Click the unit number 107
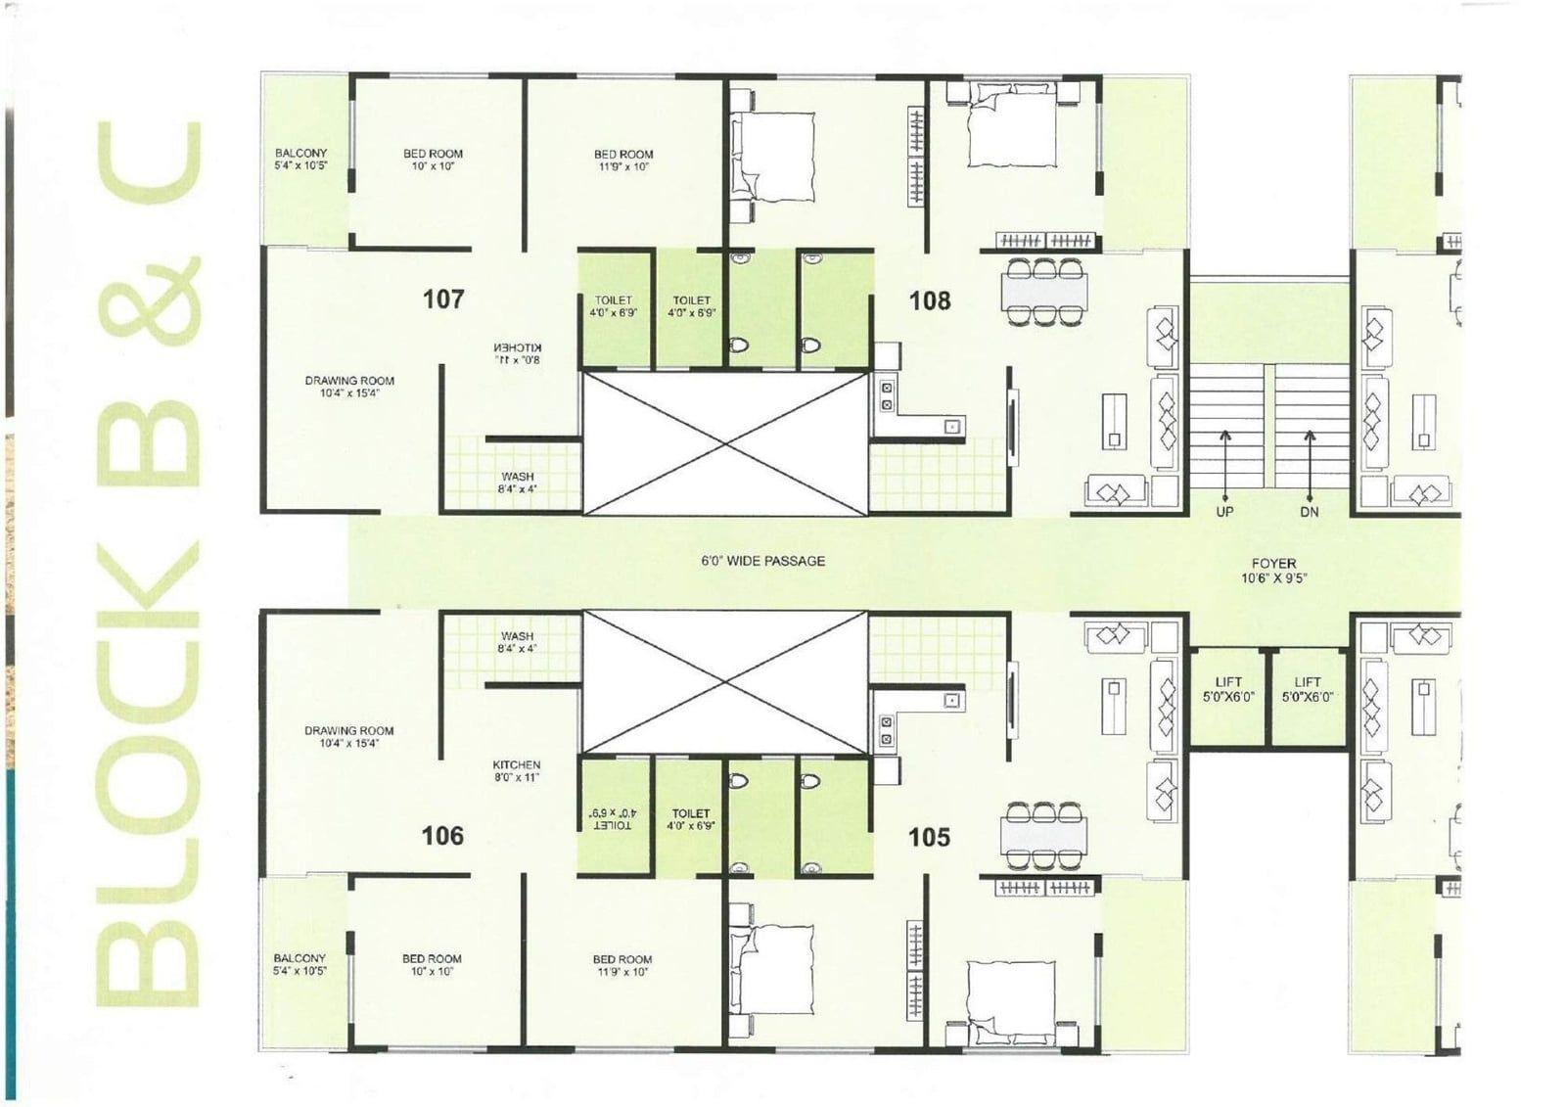click(x=443, y=300)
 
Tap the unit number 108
click(x=930, y=300)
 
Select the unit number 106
click(x=442, y=836)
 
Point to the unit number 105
click(x=929, y=837)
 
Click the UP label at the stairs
click(x=1224, y=512)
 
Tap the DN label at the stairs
click(x=1310, y=512)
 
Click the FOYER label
click(x=1273, y=564)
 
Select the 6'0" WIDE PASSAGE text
click(x=762, y=561)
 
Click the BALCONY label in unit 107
click(x=300, y=153)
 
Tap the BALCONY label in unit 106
click(x=299, y=959)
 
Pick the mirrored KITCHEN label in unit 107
click(x=518, y=347)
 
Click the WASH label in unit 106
click(x=518, y=636)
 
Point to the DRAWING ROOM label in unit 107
click(x=349, y=381)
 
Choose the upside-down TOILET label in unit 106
click(x=613, y=826)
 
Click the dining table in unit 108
click(x=1044, y=292)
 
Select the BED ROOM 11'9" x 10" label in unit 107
click(x=623, y=161)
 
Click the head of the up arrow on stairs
click(x=1224, y=435)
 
